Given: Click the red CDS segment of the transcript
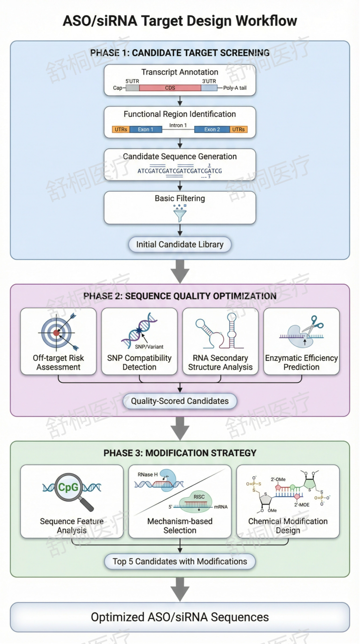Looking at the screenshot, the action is tap(170, 88).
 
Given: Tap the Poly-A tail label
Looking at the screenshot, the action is tap(235, 88).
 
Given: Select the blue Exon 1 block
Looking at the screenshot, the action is tap(146, 129).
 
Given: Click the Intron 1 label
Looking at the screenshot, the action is tap(178, 125).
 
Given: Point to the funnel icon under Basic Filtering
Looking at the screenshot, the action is tap(180, 213).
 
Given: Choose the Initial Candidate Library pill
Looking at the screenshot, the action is tap(180, 245).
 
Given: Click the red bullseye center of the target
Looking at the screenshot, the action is tap(56, 333).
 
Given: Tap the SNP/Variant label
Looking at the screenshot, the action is tap(149, 347).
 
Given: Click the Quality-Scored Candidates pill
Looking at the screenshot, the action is tap(180, 401).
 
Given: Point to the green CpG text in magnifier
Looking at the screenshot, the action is tap(68, 487).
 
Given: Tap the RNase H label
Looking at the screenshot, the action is tap(147, 475).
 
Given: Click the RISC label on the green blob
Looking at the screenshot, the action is tap(199, 497).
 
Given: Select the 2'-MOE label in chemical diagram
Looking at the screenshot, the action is tap(301, 505).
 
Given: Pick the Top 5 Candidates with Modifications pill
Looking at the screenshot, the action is tap(180, 561).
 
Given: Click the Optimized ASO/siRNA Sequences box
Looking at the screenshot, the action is tap(180, 617).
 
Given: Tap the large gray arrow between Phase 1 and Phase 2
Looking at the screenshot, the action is tap(180, 271).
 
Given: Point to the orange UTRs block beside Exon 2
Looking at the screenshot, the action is tap(239, 129).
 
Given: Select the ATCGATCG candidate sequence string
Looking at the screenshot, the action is tap(180, 171).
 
